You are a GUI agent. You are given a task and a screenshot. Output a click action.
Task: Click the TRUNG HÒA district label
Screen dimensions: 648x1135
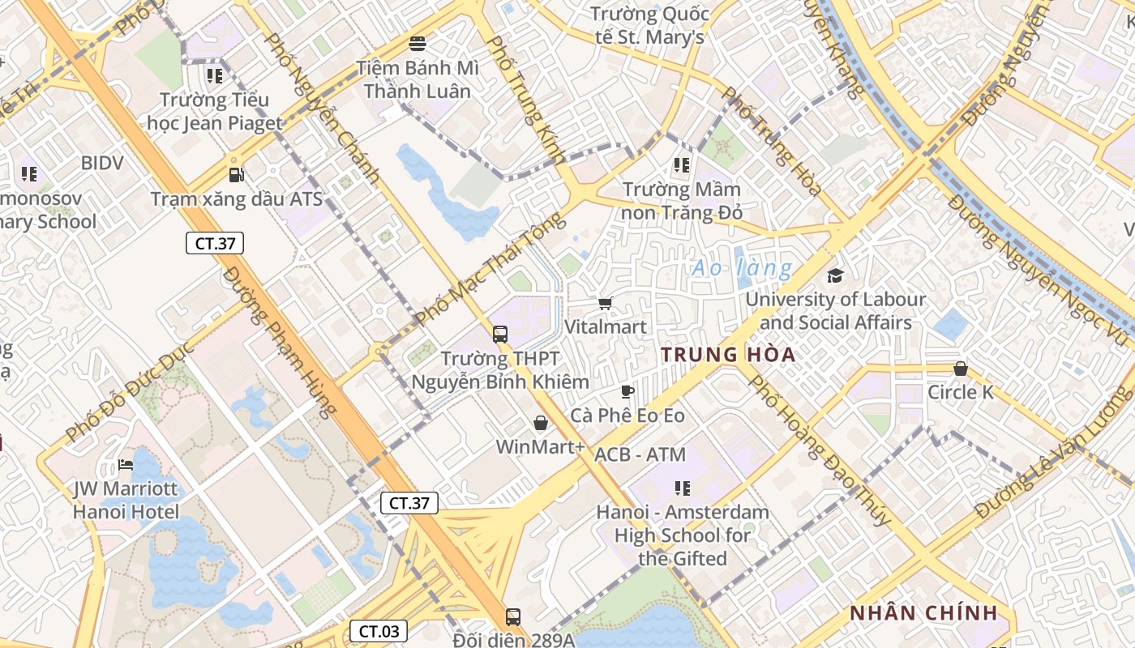pos(727,355)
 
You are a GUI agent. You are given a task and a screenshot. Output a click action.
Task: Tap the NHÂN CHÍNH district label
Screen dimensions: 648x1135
pos(923,613)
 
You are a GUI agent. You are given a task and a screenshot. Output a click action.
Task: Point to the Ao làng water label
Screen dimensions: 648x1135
pos(742,268)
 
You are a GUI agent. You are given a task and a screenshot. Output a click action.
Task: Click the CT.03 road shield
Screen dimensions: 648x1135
pos(379,631)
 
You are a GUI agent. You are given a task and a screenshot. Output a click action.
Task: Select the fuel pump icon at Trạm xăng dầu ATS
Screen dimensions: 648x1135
pos(236,174)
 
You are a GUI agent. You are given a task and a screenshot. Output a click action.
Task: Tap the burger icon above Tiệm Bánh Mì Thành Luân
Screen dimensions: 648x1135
pos(418,43)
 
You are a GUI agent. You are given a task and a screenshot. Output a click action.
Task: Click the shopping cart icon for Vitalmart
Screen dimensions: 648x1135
pos(605,303)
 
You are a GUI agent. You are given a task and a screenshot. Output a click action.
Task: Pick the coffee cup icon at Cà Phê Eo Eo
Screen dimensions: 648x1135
pos(627,392)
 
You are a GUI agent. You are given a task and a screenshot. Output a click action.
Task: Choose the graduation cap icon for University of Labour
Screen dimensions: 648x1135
pos(835,275)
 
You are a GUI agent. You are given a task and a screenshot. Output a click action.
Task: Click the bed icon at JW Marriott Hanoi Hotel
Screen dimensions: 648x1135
pos(126,465)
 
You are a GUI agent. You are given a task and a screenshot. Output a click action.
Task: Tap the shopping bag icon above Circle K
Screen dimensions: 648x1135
pos(961,369)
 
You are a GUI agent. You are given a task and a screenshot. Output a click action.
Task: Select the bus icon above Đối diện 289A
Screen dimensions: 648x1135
pos(512,616)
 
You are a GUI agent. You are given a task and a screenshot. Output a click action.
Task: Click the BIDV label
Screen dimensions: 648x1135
pos(102,163)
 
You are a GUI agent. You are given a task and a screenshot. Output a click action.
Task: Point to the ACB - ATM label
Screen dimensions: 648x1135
pos(640,454)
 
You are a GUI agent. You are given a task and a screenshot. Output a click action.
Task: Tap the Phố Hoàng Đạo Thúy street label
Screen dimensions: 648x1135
pos(819,450)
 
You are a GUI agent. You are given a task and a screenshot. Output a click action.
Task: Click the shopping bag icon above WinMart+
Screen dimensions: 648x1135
pos(541,423)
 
